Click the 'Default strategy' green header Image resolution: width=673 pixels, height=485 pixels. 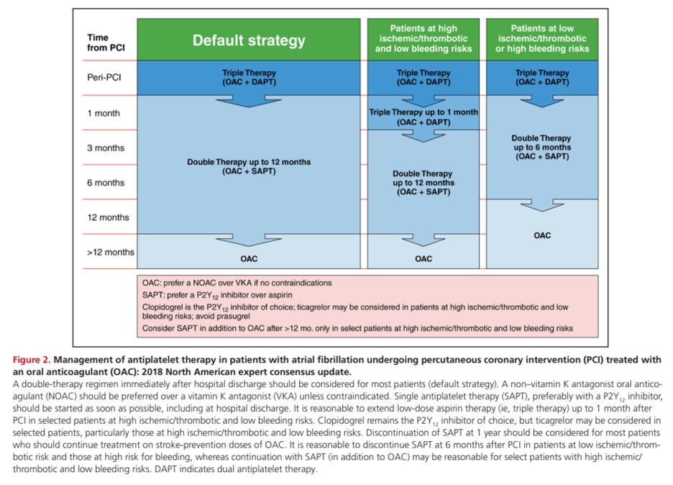(249, 41)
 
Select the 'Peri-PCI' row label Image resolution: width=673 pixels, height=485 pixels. (104, 78)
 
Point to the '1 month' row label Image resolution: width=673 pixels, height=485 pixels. (104, 113)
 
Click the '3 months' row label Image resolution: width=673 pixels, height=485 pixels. (105, 148)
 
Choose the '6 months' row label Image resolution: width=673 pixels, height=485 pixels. (105, 183)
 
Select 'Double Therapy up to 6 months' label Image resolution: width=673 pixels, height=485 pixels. (541, 148)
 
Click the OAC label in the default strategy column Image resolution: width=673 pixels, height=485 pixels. (249, 259)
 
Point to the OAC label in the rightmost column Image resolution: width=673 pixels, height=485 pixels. (542, 235)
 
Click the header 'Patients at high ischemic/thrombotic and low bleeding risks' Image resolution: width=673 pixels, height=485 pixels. (424, 39)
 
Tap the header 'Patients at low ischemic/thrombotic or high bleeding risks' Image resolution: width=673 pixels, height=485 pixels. (543, 39)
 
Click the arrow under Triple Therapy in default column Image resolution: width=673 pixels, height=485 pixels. (249, 99)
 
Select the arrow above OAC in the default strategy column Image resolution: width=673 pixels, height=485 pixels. (249, 239)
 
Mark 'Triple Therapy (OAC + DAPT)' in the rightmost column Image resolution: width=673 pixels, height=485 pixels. (542, 77)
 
